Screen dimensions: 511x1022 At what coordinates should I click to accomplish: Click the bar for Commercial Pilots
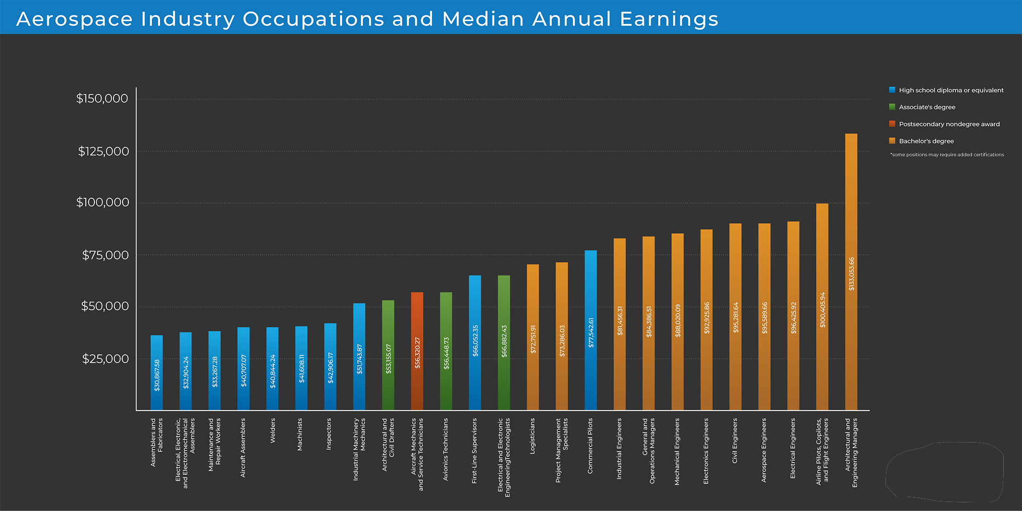coord(590,330)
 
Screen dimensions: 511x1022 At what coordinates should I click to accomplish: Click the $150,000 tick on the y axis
coord(103,99)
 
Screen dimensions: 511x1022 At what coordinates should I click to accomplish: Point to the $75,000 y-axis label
coord(105,255)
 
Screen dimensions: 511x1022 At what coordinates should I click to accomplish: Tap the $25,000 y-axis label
coord(105,359)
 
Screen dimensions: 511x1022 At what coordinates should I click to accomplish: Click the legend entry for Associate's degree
coord(927,107)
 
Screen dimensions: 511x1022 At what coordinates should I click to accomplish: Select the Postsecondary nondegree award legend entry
coord(949,124)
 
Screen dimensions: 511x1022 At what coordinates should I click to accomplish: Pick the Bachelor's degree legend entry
coord(926,141)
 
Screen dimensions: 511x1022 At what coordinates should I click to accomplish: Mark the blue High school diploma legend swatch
coord(892,90)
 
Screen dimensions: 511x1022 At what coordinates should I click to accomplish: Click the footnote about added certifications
coord(947,155)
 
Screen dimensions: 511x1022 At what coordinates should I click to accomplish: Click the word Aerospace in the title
coord(75,19)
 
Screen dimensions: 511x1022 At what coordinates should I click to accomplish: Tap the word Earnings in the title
coord(669,19)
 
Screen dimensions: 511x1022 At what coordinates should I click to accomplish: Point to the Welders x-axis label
coord(273,431)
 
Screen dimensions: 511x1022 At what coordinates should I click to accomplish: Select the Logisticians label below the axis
coord(532,435)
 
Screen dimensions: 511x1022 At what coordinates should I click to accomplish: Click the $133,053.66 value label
coord(851,273)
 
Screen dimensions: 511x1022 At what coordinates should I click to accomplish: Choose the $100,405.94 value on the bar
coord(823,310)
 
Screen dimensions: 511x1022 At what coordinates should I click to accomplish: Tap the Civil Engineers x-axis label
coord(735,441)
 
